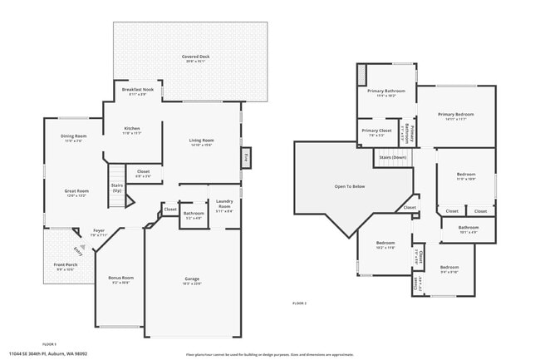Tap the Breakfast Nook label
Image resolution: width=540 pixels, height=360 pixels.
point(137,91)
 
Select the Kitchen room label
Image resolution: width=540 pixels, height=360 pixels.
point(132,130)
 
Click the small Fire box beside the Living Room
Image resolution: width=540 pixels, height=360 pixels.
point(246,156)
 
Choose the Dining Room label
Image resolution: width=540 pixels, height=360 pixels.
point(74,137)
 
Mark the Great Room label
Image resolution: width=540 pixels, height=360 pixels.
point(76,192)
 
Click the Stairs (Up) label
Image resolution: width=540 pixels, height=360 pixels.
point(116,188)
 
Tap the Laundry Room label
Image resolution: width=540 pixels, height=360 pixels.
point(224,204)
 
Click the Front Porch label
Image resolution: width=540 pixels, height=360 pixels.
point(66,266)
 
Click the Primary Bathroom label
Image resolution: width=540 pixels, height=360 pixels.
point(386,91)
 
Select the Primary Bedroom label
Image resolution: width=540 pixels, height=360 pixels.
point(456,116)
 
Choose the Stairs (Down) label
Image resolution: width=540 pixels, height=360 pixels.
point(392,156)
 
